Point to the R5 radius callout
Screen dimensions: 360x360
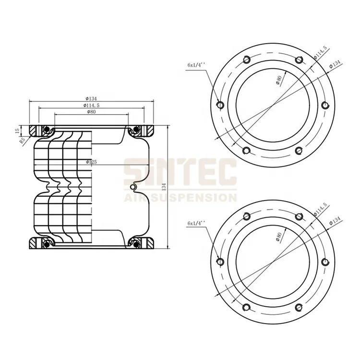click(x=22, y=141)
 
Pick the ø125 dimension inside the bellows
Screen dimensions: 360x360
click(x=91, y=162)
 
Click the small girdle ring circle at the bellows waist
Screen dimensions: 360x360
click(x=133, y=187)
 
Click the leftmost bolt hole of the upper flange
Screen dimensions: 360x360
click(x=220, y=105)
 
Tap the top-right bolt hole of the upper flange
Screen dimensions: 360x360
click(x=299, y=60)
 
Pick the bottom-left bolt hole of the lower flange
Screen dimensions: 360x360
click(x=247, y=307)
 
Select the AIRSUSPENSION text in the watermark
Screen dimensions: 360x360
click(x=180, y=196)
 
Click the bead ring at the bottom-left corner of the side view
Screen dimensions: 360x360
click(x=46, y=245)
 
